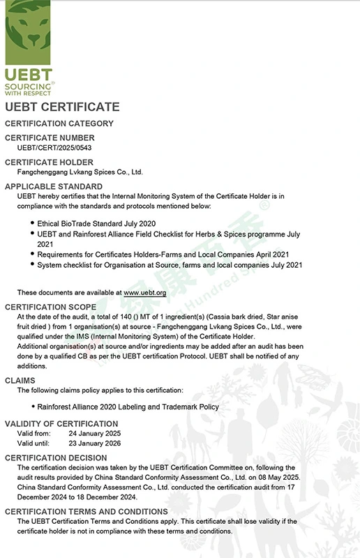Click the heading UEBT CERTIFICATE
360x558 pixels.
coord(62,107)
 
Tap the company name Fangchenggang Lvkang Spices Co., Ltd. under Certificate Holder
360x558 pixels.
coord(80,172)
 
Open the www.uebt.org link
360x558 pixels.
coord(144,292)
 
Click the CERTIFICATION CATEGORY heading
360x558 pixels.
coord(59,123)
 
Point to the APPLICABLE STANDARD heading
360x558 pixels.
coord(54,186)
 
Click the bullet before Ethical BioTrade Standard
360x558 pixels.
coord(32,222)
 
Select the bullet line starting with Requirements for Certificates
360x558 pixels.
coord(163,255)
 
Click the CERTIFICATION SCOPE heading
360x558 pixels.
coord(51,307)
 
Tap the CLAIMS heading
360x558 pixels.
coord(20,380)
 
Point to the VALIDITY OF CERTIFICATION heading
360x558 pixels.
coord(61,424)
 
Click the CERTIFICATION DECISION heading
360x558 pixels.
coord(57,458)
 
